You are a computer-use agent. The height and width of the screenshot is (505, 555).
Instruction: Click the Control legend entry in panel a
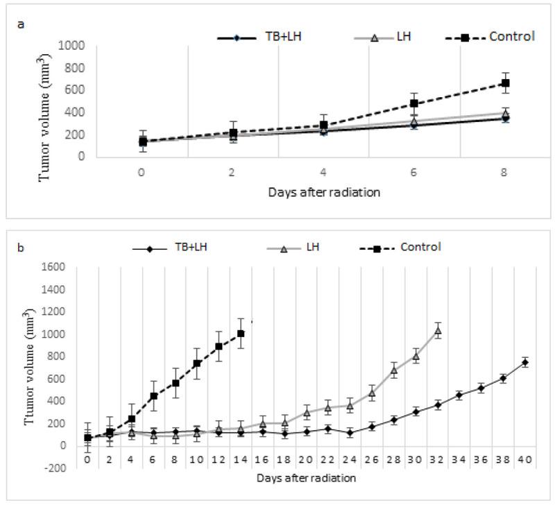(x=511, y=36)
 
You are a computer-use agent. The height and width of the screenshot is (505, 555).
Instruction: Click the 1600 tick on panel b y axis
(x=66, y=268)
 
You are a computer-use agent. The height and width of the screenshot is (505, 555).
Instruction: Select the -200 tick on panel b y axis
(x=67, y=468)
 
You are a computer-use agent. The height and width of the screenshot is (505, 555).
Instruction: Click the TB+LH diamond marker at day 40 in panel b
(x=525, y=362)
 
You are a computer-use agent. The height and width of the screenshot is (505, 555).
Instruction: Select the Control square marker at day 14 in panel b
(x=241, y=334)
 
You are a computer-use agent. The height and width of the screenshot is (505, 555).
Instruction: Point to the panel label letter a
(x=21, y=24)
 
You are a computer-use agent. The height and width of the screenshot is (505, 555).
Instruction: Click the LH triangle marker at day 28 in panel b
(x=394, y=370)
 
